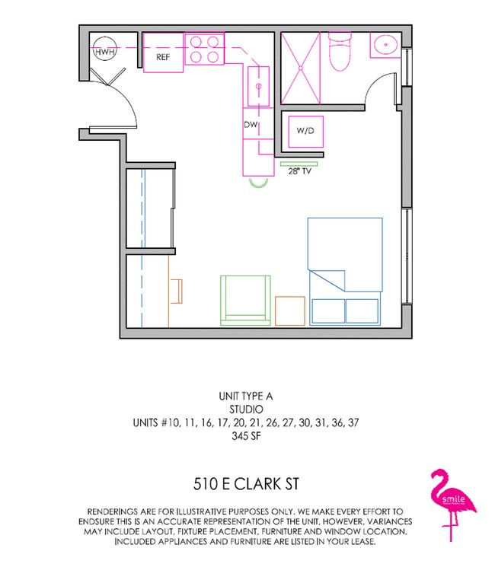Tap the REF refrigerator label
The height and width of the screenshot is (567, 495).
(x=164, y=57)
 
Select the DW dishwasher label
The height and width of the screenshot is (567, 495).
(x=250, y=124)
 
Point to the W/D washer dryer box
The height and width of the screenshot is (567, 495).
(x=305, y=131)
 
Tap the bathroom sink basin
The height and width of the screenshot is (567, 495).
(x=385, y=46)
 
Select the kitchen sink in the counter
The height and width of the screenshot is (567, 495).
(x=259, y=86)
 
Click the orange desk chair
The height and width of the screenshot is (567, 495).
(x=177, y=290)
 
